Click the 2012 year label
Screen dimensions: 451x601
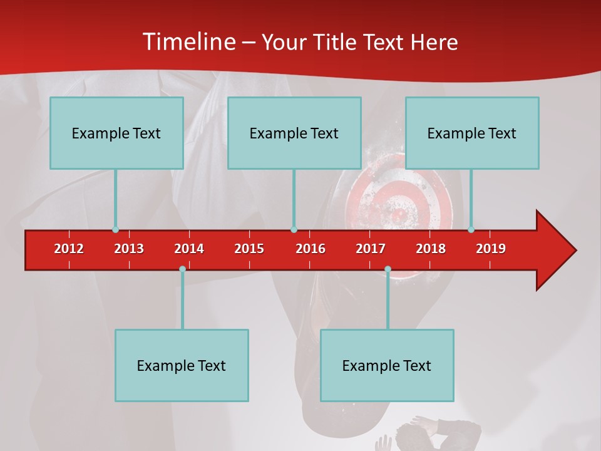(69, 249)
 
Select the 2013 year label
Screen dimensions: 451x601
(129, 249)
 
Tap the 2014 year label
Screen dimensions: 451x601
(189, 249)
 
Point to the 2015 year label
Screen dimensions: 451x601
(249, 249)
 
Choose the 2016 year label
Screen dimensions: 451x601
(311, 249)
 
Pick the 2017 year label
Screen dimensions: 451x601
(371, 249)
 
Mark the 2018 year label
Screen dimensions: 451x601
(431, 249)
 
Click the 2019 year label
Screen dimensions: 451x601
(491, 249)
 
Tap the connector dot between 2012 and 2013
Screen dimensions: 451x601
(115, 230)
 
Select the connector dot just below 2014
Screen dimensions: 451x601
(182, 269)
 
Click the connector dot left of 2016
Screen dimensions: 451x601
(294, 230)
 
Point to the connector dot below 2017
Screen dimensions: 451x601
(388, 269)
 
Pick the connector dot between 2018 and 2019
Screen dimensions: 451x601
(471, 230)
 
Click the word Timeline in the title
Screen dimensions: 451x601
(187, 42)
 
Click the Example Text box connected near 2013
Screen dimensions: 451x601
(116, 133)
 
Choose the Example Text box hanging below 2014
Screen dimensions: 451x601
(182, 365)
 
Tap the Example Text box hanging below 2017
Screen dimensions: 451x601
(387, 365)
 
